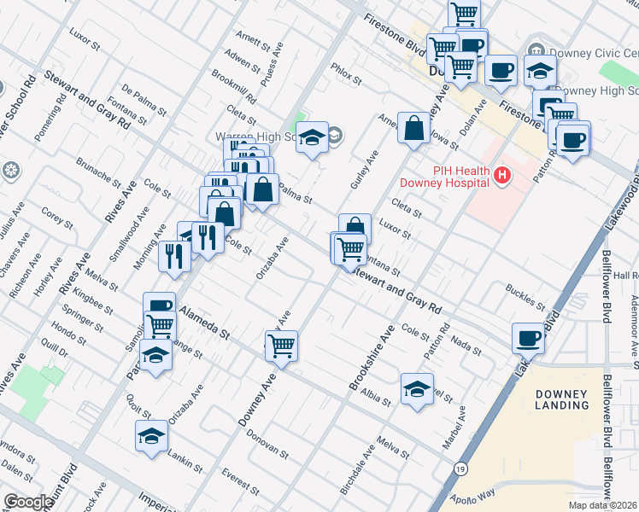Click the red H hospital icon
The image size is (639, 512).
pyautogui.click(x=501, y=176)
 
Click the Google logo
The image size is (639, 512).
pyautogui.click(x=28, y=502)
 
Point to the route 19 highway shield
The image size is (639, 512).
pyautogui.click(x=460, y=469)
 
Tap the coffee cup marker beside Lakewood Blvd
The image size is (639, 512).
pyautogui.click(x=529, y=339)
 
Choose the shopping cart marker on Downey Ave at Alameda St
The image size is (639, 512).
pyautogui.click(x=281, y=346)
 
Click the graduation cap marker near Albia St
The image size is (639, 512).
pyautogui.click(x=417, y=388)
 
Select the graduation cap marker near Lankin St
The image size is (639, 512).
pyautogui.click(x=151, y=436)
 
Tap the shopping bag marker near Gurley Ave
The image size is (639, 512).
pyautogui.click(x=413, y=129)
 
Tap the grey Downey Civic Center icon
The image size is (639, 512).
pyautogui.click(x=536, y=49)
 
